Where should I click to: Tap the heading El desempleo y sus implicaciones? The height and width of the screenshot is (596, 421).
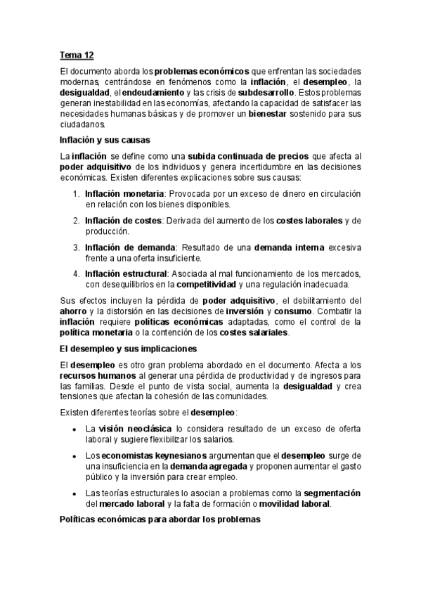[x=128, y=349]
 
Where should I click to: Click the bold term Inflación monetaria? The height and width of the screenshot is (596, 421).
[x=125, y=193]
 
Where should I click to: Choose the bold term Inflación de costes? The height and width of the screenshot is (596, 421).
[x=123, y=220]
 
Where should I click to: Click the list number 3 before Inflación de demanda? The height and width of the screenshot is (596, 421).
[x=76, y=247]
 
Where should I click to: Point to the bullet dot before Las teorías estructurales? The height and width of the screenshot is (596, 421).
[x=75, y=493]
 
